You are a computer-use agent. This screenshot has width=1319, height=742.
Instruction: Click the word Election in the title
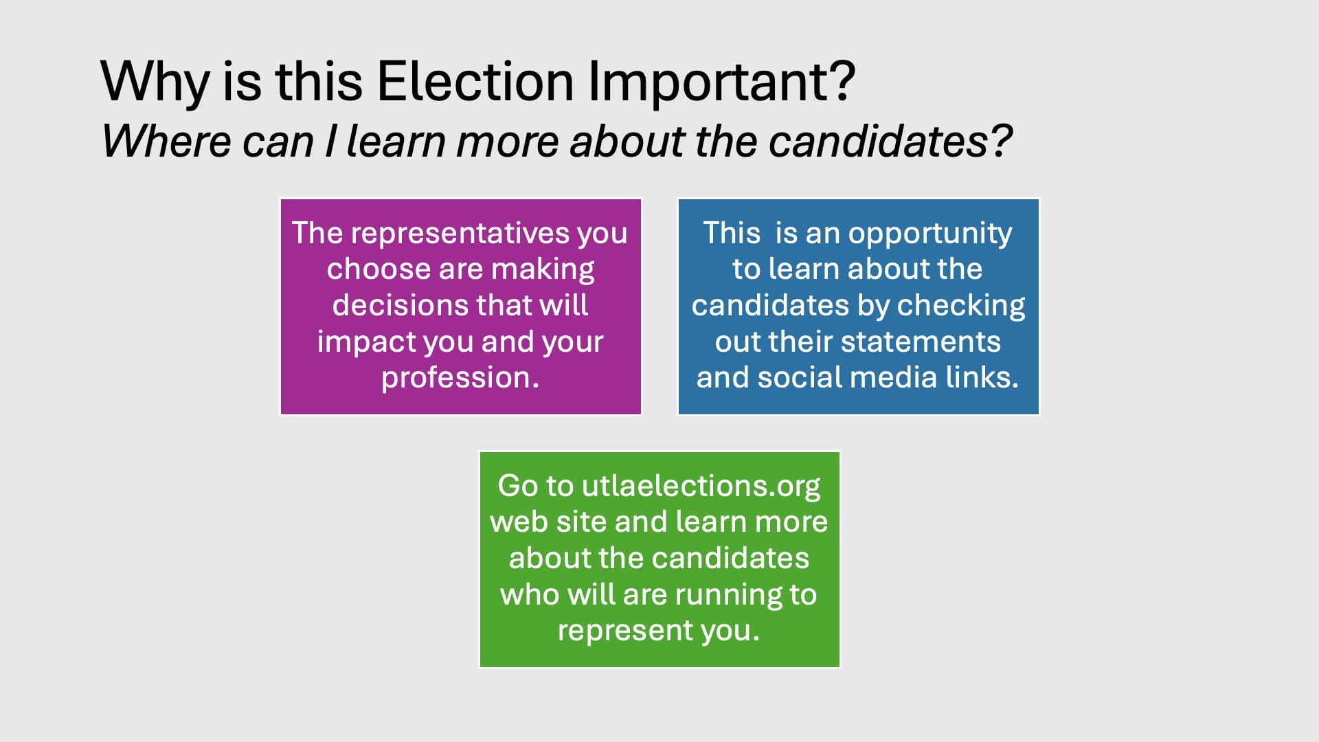click(x=475, y=81)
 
